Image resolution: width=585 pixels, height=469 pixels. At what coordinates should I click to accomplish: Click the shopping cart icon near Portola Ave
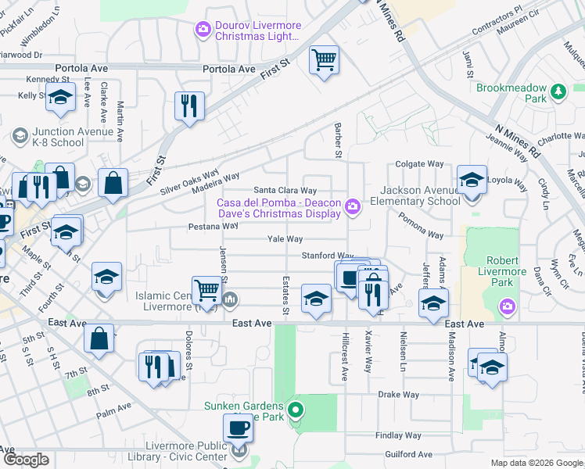pos(324,59)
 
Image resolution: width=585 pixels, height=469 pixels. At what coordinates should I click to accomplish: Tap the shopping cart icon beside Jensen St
pos(207,289)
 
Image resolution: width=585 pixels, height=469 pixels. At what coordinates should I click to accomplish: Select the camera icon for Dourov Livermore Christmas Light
pos(203,30)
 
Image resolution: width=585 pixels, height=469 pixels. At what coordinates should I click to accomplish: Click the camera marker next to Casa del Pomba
pos(354,206)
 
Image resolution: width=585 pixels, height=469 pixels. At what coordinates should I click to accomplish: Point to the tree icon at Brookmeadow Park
pos(558,92)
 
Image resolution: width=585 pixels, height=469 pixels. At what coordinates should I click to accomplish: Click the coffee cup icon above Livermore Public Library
pos(239,428)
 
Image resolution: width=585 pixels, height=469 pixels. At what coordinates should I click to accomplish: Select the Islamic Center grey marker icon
pos(231,299)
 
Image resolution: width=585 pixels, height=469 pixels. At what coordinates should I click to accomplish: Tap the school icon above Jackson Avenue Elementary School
pos(472,181)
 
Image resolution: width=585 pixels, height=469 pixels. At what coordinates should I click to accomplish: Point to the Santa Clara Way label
pos(285,190)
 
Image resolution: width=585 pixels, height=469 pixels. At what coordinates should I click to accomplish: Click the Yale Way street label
pos(285,239)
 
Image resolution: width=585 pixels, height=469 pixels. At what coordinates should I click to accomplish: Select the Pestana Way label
pos(212,226)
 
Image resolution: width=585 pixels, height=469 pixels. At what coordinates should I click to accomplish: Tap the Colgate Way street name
pos(419,164)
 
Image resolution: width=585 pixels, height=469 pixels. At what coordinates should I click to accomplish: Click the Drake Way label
pos(399,395)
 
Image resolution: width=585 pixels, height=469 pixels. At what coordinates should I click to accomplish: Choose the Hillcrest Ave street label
pos(344,355)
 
